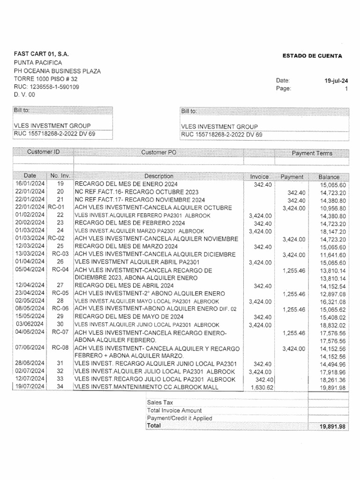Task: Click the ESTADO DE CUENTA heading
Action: point(312,56)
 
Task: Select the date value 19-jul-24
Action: point(336,81)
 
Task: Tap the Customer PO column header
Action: point(159,153)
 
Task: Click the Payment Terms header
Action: point(312,153)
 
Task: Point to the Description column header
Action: point(159,176)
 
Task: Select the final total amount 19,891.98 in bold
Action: point(332,426)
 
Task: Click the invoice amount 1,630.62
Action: point(262,387)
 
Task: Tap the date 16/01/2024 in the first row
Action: point(30,184)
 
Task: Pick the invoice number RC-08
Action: point(60,348)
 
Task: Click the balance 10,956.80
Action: point(333,208)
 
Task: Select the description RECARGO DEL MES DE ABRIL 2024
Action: point(124,285)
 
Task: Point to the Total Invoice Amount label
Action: point(174,411)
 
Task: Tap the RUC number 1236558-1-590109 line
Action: point(46,87)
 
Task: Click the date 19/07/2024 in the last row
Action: point(30,387)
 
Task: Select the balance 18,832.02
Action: point(332,325)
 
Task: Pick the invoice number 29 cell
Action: point(60,317)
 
